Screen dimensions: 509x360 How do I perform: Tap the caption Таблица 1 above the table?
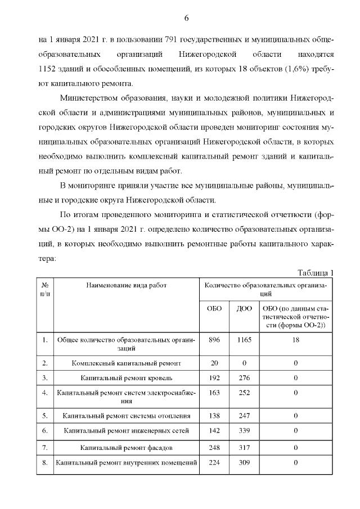(x=316, y=273)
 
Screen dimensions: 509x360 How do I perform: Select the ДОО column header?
(x=244, y=309)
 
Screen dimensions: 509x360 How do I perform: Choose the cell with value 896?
(x=214, y=340)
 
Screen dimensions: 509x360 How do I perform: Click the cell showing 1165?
(x=244, y=340)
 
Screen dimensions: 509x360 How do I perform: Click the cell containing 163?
(x=214, y=393)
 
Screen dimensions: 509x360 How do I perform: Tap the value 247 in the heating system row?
(x=244, y=416)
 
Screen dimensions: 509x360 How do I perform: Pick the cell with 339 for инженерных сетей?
(x=244, y=431)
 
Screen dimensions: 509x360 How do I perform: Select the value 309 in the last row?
(x=244, y=463)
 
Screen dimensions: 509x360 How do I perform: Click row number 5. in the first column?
(x=45, y=416)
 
